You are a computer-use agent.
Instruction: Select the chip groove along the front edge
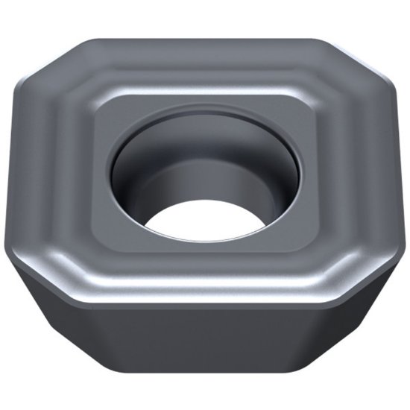tap(205, 276)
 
